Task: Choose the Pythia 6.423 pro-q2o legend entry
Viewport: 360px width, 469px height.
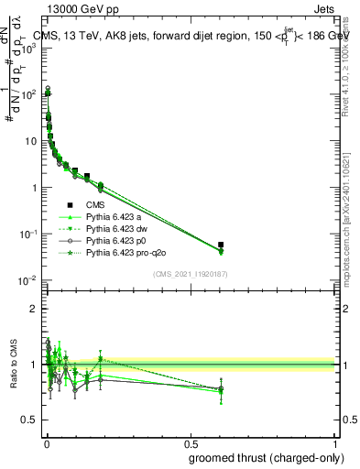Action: (x=126, y=252)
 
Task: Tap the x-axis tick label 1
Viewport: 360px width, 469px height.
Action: (x=335, y=443)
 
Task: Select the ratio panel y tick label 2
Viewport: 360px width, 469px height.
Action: (x=33, y=309)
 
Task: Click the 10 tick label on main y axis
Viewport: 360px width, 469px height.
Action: (x=29, y=141)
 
